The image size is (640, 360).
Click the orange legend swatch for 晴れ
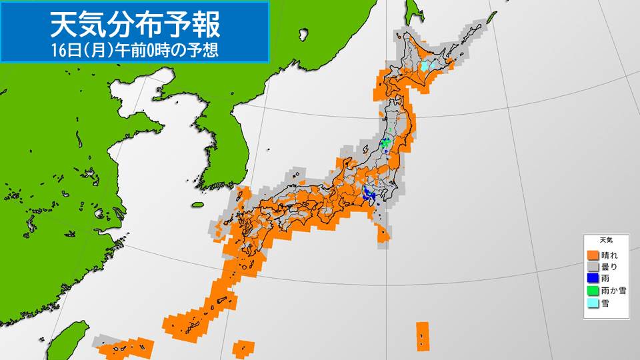[x=592, y=255]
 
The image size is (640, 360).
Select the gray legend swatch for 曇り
[x=592, y=267]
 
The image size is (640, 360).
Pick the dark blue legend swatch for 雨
[x=592, y=279]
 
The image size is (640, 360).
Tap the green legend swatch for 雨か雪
[x=592, y=291]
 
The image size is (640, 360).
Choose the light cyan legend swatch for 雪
[x=592, y=303]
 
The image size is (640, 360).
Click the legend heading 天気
[x=606, y=239]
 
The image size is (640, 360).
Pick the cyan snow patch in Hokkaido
[x=425, y=66]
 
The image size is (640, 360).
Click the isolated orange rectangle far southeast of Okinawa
[x=422, y=335]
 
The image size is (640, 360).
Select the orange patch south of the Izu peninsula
[x=383, y=233]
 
